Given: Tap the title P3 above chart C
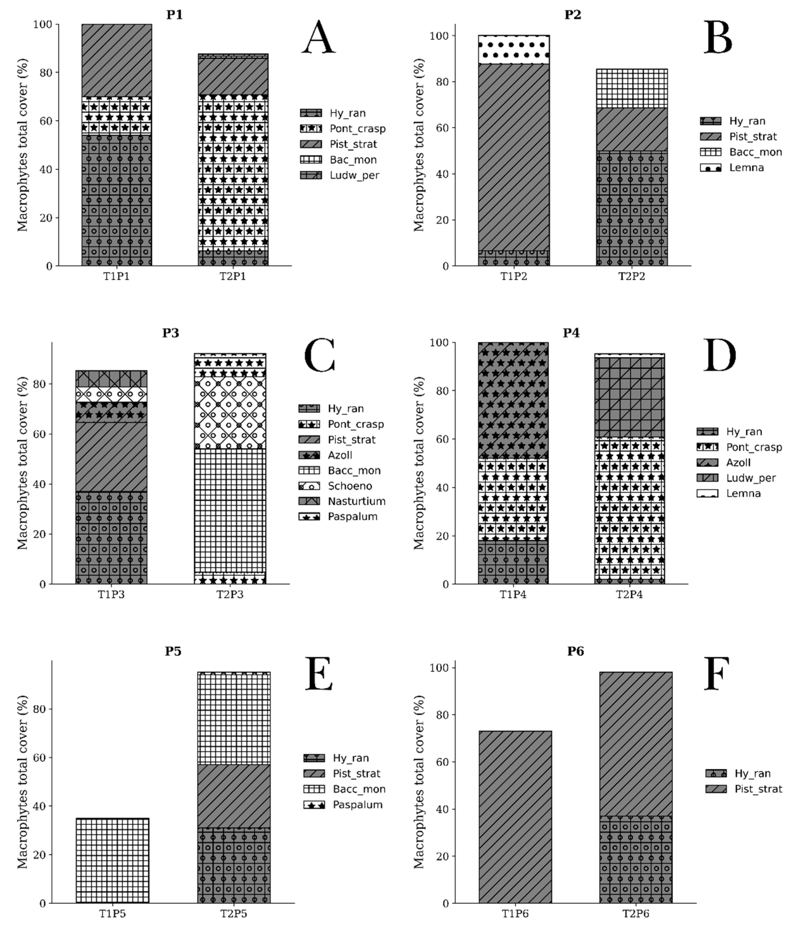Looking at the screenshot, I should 170,333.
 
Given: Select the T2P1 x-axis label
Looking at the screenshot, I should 232,276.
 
